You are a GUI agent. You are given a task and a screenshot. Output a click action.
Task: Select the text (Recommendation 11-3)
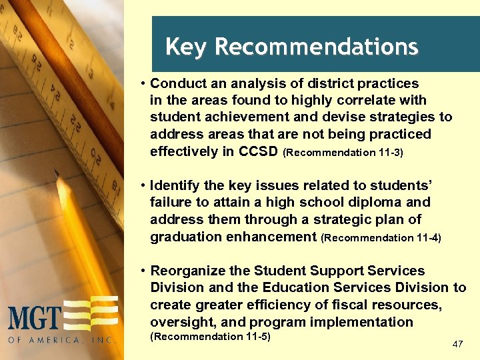coord(343,152)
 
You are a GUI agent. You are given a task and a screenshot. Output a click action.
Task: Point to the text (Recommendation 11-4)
coord(381,237)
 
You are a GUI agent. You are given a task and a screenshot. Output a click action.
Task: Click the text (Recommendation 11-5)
coord(210,336)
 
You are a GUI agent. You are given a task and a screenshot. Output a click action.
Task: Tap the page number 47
coord(457,344)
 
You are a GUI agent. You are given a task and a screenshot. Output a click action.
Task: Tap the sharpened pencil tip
coord(58,175)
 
